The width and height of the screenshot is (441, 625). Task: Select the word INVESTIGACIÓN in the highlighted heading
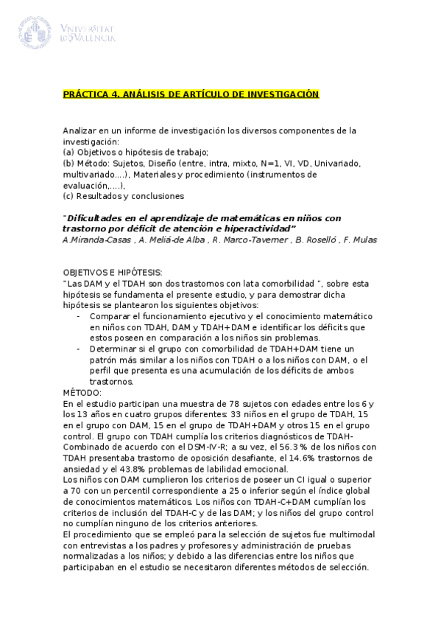[x=283, y=94]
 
